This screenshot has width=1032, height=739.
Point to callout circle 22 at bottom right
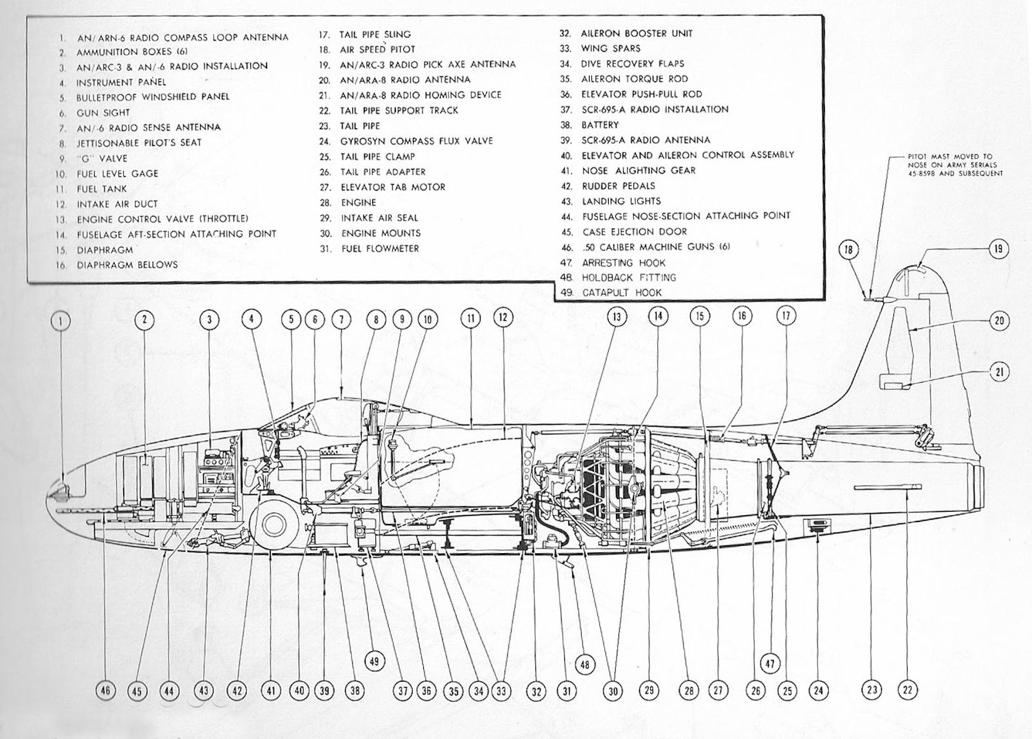[x=908, y=690]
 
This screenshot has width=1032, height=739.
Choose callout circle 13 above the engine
[x=617, y=318]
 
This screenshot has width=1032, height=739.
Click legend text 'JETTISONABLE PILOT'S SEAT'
[x=139, y=143]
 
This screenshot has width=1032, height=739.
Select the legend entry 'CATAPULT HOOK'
[x=622, y=292]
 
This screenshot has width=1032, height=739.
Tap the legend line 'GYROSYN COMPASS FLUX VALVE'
[x=416, y=141]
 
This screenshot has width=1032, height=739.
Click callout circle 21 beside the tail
[x=998, y=372]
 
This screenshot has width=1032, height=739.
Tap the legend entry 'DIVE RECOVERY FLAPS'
[x=632, y=63]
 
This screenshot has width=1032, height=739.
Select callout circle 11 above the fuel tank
[x=471, y=318]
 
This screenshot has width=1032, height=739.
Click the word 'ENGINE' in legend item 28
[x=359, y=202]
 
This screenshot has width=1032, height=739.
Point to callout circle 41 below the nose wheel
[x=271, y=691]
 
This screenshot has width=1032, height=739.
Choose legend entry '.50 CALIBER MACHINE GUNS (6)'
[x=655, y=247]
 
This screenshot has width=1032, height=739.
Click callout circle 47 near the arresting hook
[x=771, y=663]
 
